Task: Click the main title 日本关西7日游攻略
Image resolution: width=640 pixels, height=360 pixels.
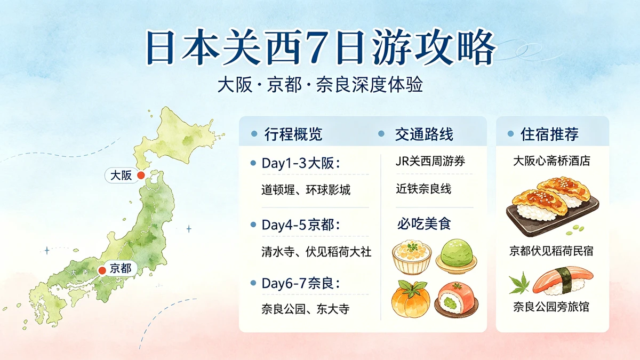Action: (x=321, y=49)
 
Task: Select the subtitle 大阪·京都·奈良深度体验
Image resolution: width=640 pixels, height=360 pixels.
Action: (x=320, y=85)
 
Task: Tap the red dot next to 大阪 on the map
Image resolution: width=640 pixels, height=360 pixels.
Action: (x=141, y=175)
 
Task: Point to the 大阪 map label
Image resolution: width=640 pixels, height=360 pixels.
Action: (x=121, y=175)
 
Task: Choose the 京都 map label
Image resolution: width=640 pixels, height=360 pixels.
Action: (x=121, y=268)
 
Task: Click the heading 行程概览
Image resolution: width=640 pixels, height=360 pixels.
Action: (x=293, y=134)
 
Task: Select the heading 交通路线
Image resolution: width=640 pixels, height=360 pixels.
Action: (x=423, y=134)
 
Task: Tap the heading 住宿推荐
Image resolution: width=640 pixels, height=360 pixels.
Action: (x=549, y=134)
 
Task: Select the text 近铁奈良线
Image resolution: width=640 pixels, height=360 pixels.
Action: (x=423, y=189)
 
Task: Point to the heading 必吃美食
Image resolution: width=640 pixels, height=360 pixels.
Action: (x=423, y=223)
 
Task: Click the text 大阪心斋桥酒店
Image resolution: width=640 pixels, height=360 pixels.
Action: (x=551, y=161)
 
